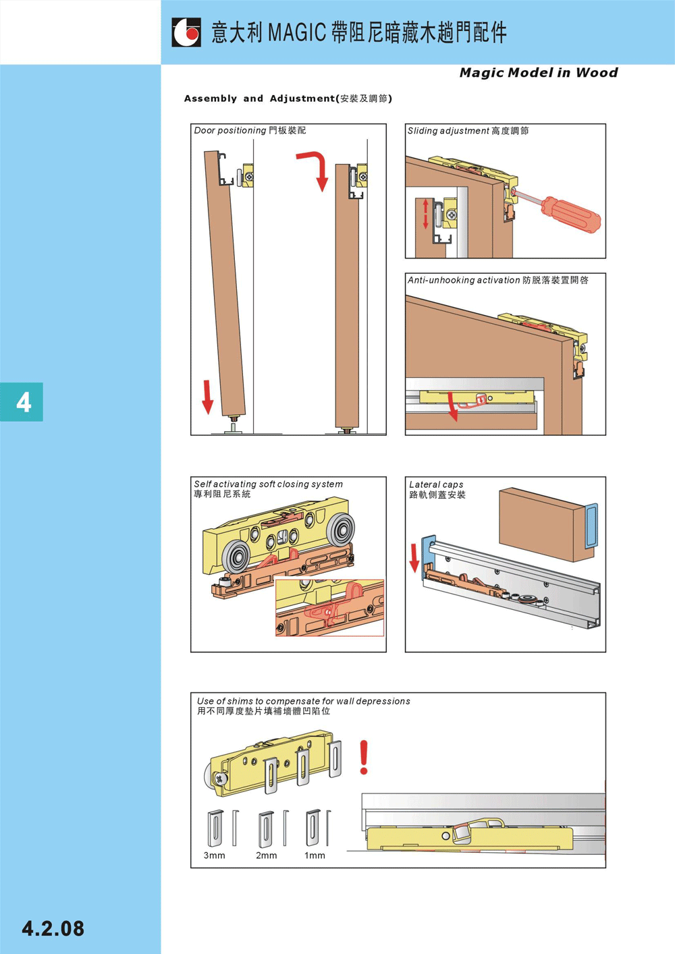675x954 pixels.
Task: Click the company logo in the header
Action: [186, 32]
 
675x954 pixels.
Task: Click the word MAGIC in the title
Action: [298, 33]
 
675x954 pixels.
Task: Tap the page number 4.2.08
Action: [53, 928]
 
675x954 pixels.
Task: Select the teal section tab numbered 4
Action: [22, 402]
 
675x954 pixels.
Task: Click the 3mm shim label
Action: [215, 855]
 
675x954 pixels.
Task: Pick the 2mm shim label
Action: [267, 855]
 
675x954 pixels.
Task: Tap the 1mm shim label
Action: [315, 855]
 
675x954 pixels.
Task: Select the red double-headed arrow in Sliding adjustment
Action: [425, 215]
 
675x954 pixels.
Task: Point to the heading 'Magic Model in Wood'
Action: [539, 73]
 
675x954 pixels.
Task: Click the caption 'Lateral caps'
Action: [436, 484]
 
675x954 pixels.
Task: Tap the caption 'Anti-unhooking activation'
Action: [464, 280]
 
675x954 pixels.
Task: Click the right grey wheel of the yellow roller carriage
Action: [340, 530]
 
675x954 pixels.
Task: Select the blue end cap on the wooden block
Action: [591, 526]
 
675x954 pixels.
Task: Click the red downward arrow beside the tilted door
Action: [207, 397]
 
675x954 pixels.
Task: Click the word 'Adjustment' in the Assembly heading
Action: [302, 99]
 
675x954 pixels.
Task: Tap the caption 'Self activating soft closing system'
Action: [269, 484]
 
